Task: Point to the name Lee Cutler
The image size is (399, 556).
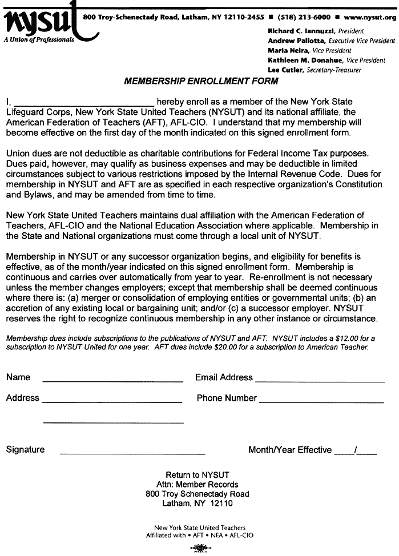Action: click(285, 70)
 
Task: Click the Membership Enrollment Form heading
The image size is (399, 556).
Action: click(200, 82)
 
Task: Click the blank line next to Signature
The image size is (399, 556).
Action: click(132, 452)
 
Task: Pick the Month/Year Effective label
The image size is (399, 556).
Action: click(289, 450)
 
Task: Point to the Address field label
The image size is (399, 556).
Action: click(23, 398)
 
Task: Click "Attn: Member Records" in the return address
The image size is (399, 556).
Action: click(198, 484)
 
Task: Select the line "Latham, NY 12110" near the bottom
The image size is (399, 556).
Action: click(198, 503)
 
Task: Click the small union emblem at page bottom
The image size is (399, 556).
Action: click(199, 549)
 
